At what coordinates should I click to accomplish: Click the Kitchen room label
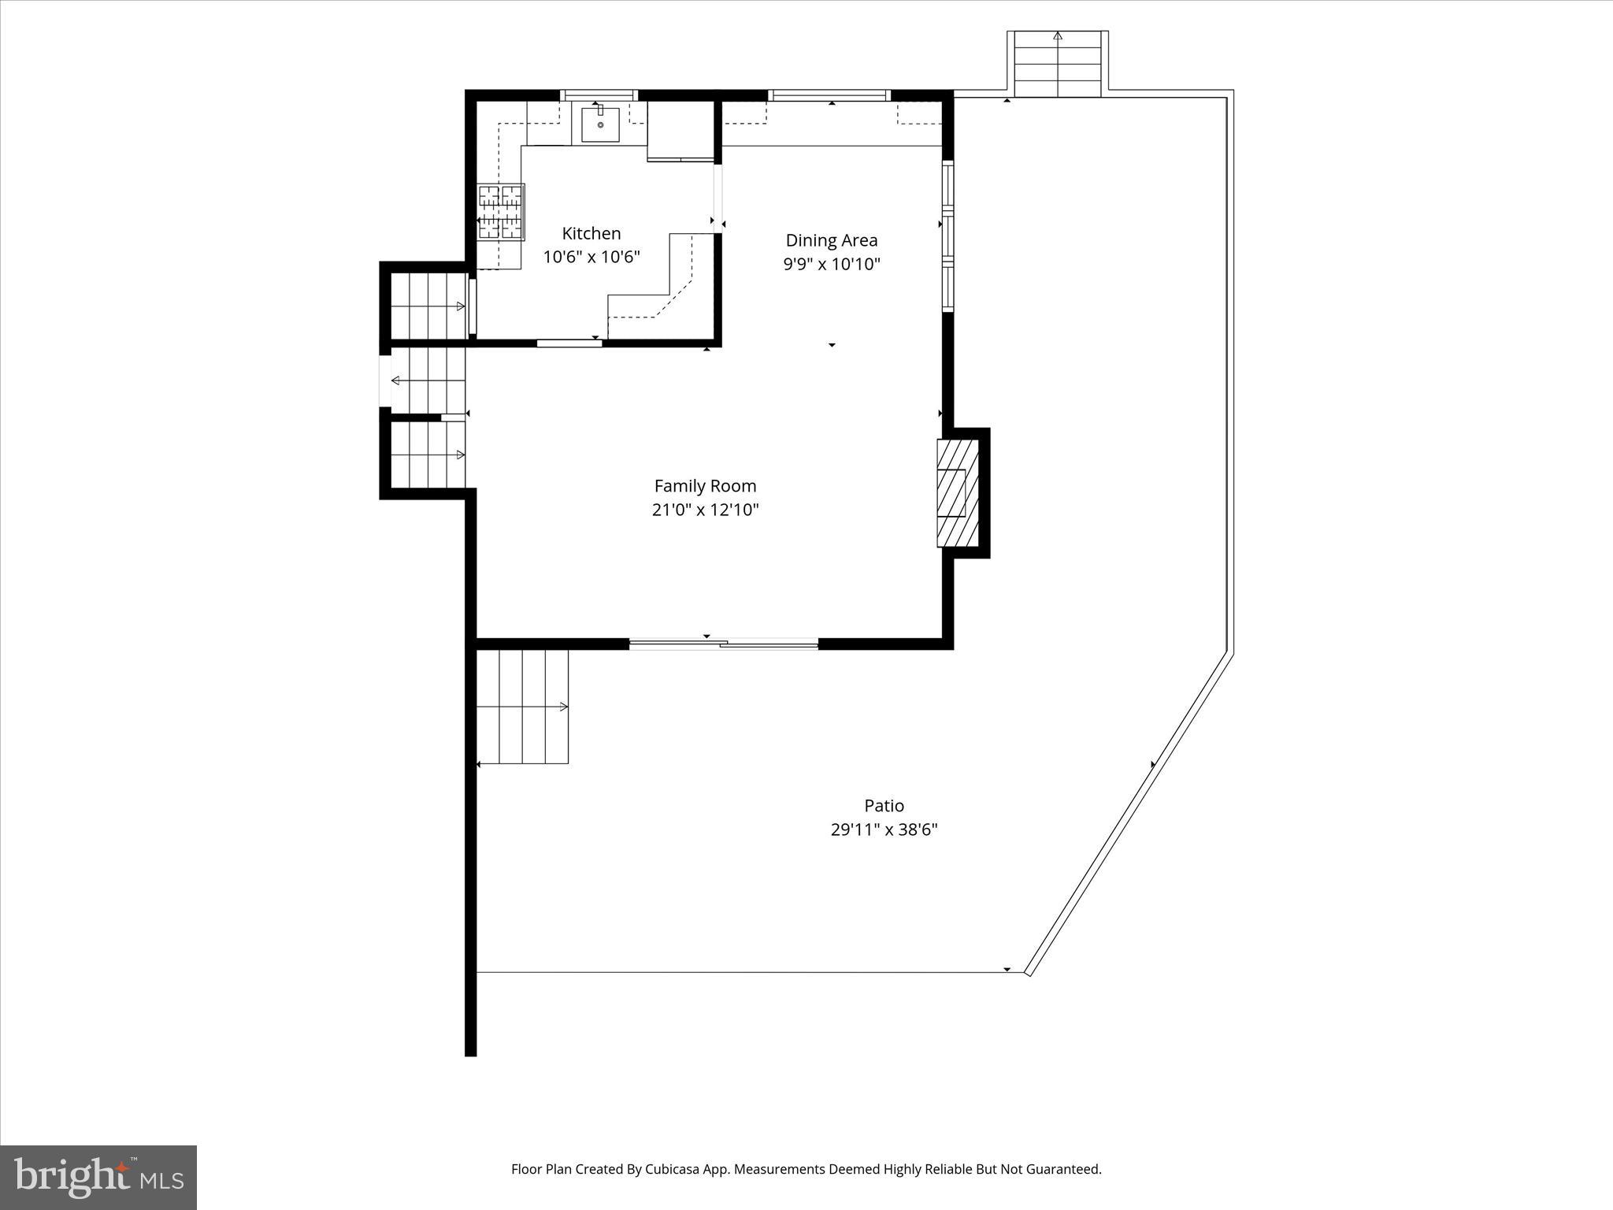click(x=591, y=233)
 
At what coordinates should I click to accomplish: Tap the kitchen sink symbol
click(x=600, y=125)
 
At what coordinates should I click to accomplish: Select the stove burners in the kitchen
click(x=501, y=212)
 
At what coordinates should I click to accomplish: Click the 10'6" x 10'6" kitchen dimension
click(x=591, y=257)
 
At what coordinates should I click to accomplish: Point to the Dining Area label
click(x=831, y=240)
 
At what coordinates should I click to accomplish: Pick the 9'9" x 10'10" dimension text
click(x=831, y=264)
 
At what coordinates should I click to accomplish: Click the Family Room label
click(x=705, y=486)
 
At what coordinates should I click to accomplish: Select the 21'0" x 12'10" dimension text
click(x=705, y=510)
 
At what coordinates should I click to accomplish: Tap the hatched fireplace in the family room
click(x=957, y=493)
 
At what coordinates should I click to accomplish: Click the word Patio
click(x=884, y=805)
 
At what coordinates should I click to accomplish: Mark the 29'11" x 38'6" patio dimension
click(x=884, y=830)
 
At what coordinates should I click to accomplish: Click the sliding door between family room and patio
click(x=723, y=644)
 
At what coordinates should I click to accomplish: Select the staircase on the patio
click(x=522, y=707)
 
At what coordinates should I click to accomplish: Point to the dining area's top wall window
click(x=829, y=95)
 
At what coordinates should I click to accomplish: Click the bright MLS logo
click(x=98, y=1177)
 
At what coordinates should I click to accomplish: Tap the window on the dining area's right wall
click(x=948, y=236)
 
